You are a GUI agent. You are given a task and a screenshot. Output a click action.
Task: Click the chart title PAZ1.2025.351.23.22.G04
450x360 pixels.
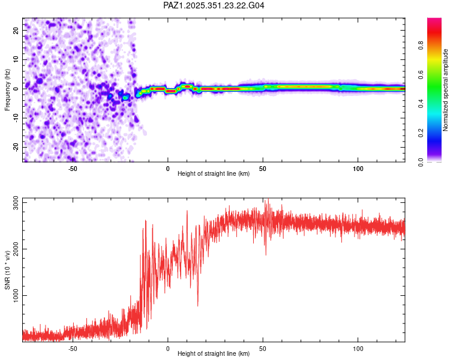click(x=214, y=5)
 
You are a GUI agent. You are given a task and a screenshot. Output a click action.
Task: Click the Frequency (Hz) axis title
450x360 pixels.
click(x=7, y=89)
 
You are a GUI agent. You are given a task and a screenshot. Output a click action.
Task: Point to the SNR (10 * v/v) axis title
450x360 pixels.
click(x=7, y=269)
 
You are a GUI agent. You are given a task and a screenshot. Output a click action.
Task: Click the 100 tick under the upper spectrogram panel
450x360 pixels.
click(x=358, y=168)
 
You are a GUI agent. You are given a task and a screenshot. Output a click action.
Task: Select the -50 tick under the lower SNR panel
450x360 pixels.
click(x=73, y=348)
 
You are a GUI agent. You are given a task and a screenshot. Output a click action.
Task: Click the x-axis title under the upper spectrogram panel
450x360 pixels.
click(x=214, y=175)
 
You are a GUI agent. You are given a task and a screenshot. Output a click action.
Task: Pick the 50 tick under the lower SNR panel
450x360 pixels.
click(x=263, y=348)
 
